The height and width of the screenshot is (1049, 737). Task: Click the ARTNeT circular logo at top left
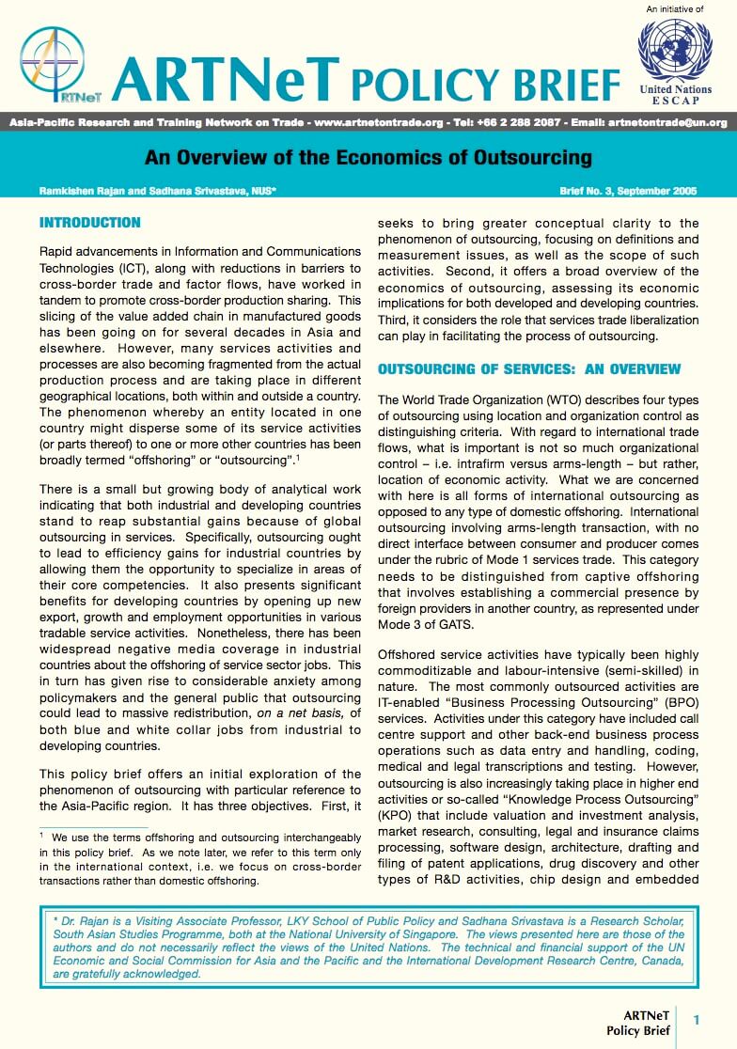(53, 63)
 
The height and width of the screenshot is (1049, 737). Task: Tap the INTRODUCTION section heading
(90, 223)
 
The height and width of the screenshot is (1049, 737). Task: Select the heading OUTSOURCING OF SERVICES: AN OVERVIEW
(529, 369)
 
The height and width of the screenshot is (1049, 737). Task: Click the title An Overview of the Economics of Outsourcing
(368, 157)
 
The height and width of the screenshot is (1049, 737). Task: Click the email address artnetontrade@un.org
(667, 122)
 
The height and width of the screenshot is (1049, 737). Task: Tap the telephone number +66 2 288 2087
(513, 122)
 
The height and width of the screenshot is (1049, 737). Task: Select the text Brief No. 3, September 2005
(627, 191)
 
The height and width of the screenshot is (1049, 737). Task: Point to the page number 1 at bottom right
(697, 1020)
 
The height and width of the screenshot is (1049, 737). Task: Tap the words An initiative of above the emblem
(674, 9)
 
